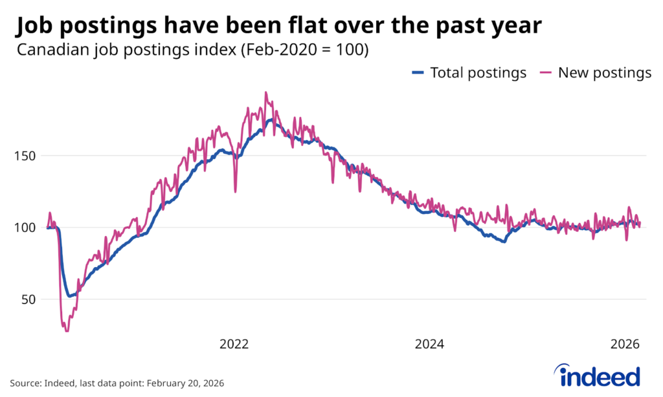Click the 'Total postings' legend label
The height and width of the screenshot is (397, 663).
pyautogui.click(x=478, y=72)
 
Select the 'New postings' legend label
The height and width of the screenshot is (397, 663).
pyautogui.click(x=605, y=72)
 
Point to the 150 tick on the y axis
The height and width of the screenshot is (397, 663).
pyautogui.click(x=26, y=155)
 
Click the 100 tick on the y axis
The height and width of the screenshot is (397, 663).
pyautogui.click(x=26, y=228)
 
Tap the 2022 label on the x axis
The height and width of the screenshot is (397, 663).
pyautogui.click(x=234, y=344)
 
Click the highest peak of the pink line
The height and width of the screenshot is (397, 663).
pyautogui.click(x=265, y=92)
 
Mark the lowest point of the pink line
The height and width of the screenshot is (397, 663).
pyautogui.click(x=66, y=330)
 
